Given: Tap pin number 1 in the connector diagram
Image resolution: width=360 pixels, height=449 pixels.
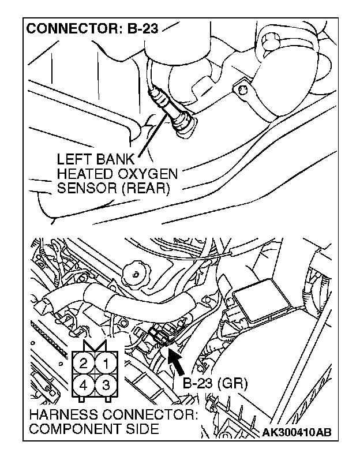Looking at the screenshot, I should [106, 364].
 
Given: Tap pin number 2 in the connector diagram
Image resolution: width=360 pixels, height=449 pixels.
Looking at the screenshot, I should [84, 364].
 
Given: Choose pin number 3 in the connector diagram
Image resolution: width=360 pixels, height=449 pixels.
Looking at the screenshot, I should [106, 384].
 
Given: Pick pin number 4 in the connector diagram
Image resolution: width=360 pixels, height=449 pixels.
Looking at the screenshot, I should [84, 384].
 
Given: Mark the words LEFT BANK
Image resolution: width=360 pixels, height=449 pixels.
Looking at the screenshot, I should [96, 159].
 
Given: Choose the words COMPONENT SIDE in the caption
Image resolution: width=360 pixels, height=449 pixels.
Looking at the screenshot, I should [92, 430].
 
